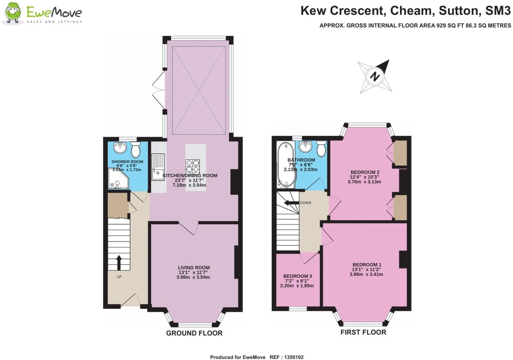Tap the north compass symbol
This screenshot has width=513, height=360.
[x=374, y=76]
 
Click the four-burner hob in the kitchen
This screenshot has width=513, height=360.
[x=192, y=165]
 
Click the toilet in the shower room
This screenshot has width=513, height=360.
[x=135, y=150]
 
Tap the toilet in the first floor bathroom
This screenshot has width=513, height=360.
[x=321, y=149]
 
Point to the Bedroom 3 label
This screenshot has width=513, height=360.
[x=297, y=276]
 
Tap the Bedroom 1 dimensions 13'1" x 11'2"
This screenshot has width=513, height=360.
[x=366, y=269]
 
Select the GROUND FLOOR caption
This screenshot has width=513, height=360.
[x=194, y=333]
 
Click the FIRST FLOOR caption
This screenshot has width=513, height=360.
[x=363, y=332]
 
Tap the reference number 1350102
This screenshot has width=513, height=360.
[x=292, y=357]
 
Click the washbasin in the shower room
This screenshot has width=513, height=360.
[x=120, y=148]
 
